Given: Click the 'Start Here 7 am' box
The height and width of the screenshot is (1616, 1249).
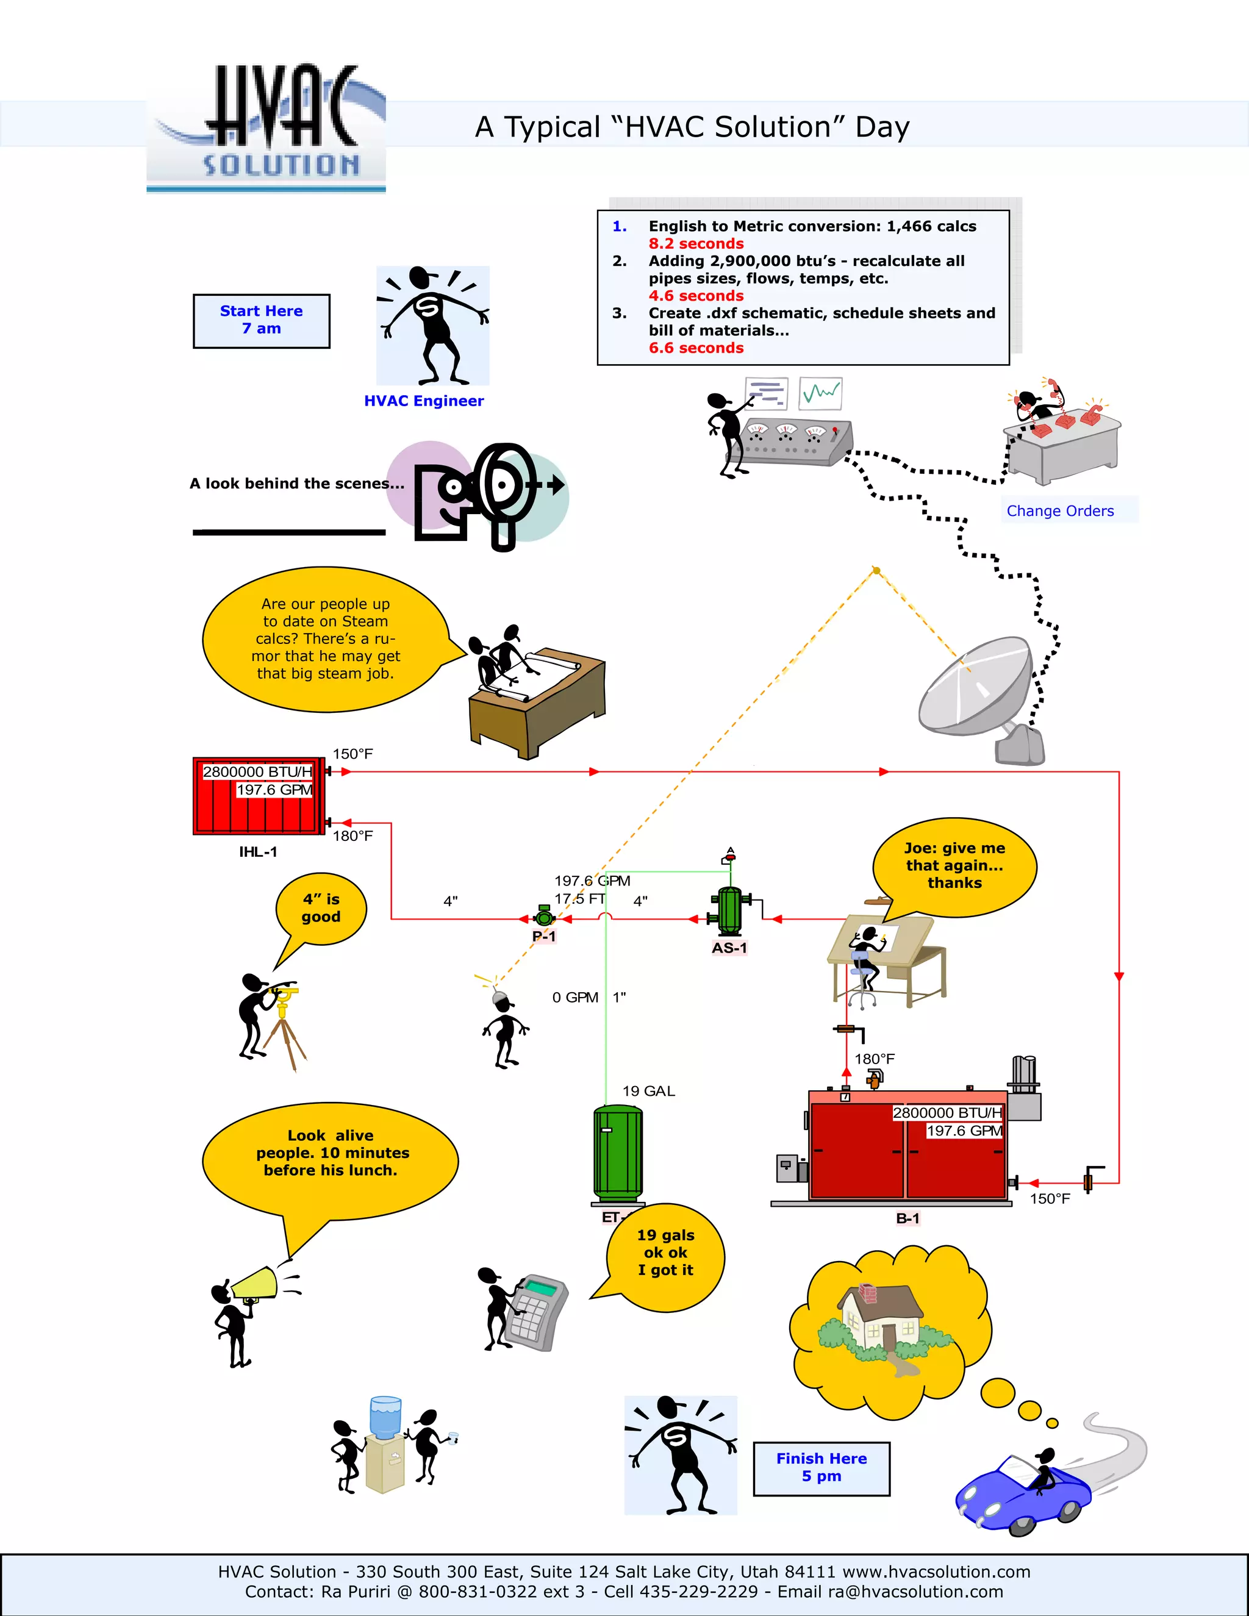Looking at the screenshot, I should pyautogui.click(x=261, y=320).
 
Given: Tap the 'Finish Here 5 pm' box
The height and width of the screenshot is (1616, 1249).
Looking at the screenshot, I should pyautogui.click(x=821, y=1468).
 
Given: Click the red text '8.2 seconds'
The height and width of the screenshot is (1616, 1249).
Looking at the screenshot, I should pyautogui.click(x=695, y=243).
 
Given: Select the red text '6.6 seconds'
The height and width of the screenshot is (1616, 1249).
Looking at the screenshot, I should pyautogui.click(x=695, y=348).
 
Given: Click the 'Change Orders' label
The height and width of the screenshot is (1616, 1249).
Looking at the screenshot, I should pyautogui.click(x=1059, y=510).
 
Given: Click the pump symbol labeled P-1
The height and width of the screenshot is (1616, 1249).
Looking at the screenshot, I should pyautogui.click(x=544, y=918).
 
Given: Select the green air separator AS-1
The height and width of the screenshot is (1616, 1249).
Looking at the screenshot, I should pyautogui.click(x=729, y=912).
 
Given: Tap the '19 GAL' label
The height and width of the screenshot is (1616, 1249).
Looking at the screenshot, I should pyautogui.click(x=648, y=1091).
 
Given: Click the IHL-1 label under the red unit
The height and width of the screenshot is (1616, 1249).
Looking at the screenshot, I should pyautogui.click(x=257, y=852).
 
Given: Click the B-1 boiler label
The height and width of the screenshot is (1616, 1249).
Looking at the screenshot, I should pyautogui.click(x=907, y=1218).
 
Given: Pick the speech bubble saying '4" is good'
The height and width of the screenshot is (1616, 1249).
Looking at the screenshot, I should pyautogui.click(x=320, y=909).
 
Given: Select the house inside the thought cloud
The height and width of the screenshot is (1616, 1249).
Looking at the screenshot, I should pyautogui.click(x=881, y=1317).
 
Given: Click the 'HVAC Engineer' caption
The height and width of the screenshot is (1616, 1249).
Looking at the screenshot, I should pyautogui.click(x=423, y=400).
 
